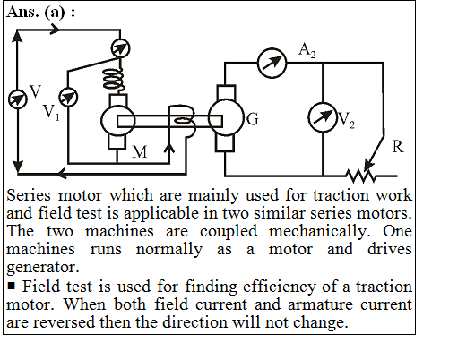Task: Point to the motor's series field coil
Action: point(114,80)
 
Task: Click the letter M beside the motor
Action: point(140,152)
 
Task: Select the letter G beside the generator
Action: point(253,119)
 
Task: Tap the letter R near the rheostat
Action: point(398,147)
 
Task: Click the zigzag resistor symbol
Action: point(361,176)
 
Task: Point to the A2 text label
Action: point(307,50)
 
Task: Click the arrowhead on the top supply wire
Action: point(55,30)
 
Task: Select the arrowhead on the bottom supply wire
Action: point(62,173)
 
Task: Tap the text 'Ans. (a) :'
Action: point(40,13)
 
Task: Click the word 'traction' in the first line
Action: point(341,195)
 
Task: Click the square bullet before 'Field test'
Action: point(12,287)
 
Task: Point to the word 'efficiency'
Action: point(280,287)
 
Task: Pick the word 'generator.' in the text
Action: point(43,268)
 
